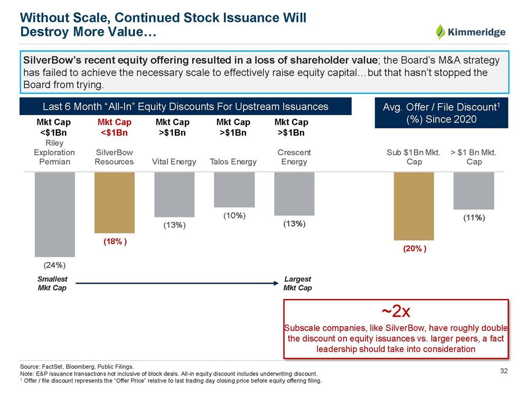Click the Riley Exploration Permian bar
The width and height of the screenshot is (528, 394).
click(54, 214)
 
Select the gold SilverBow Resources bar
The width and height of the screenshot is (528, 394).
click(114, 202)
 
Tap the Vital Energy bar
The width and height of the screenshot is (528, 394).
click(174, 194)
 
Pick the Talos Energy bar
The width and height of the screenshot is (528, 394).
click(234, 189)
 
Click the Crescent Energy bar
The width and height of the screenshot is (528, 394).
click(294, 194)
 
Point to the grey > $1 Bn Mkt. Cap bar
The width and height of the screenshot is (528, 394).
click(474, 191)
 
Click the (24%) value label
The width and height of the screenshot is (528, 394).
click(54, 264)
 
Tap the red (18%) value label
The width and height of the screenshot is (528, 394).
click(114, 241)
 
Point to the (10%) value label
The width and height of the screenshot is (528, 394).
click(234, 215)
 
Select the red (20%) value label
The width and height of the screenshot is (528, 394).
click(414, 249)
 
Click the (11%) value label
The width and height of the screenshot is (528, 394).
click(474, 217)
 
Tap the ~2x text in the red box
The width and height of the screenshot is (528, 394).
click(396, 309)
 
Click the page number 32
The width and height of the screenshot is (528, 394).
click(503, 371)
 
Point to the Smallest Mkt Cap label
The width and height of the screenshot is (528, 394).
click(52, 283)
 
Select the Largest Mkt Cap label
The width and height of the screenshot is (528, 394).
click(297, 283)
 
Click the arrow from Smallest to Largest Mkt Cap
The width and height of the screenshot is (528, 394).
click(174, 284)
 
